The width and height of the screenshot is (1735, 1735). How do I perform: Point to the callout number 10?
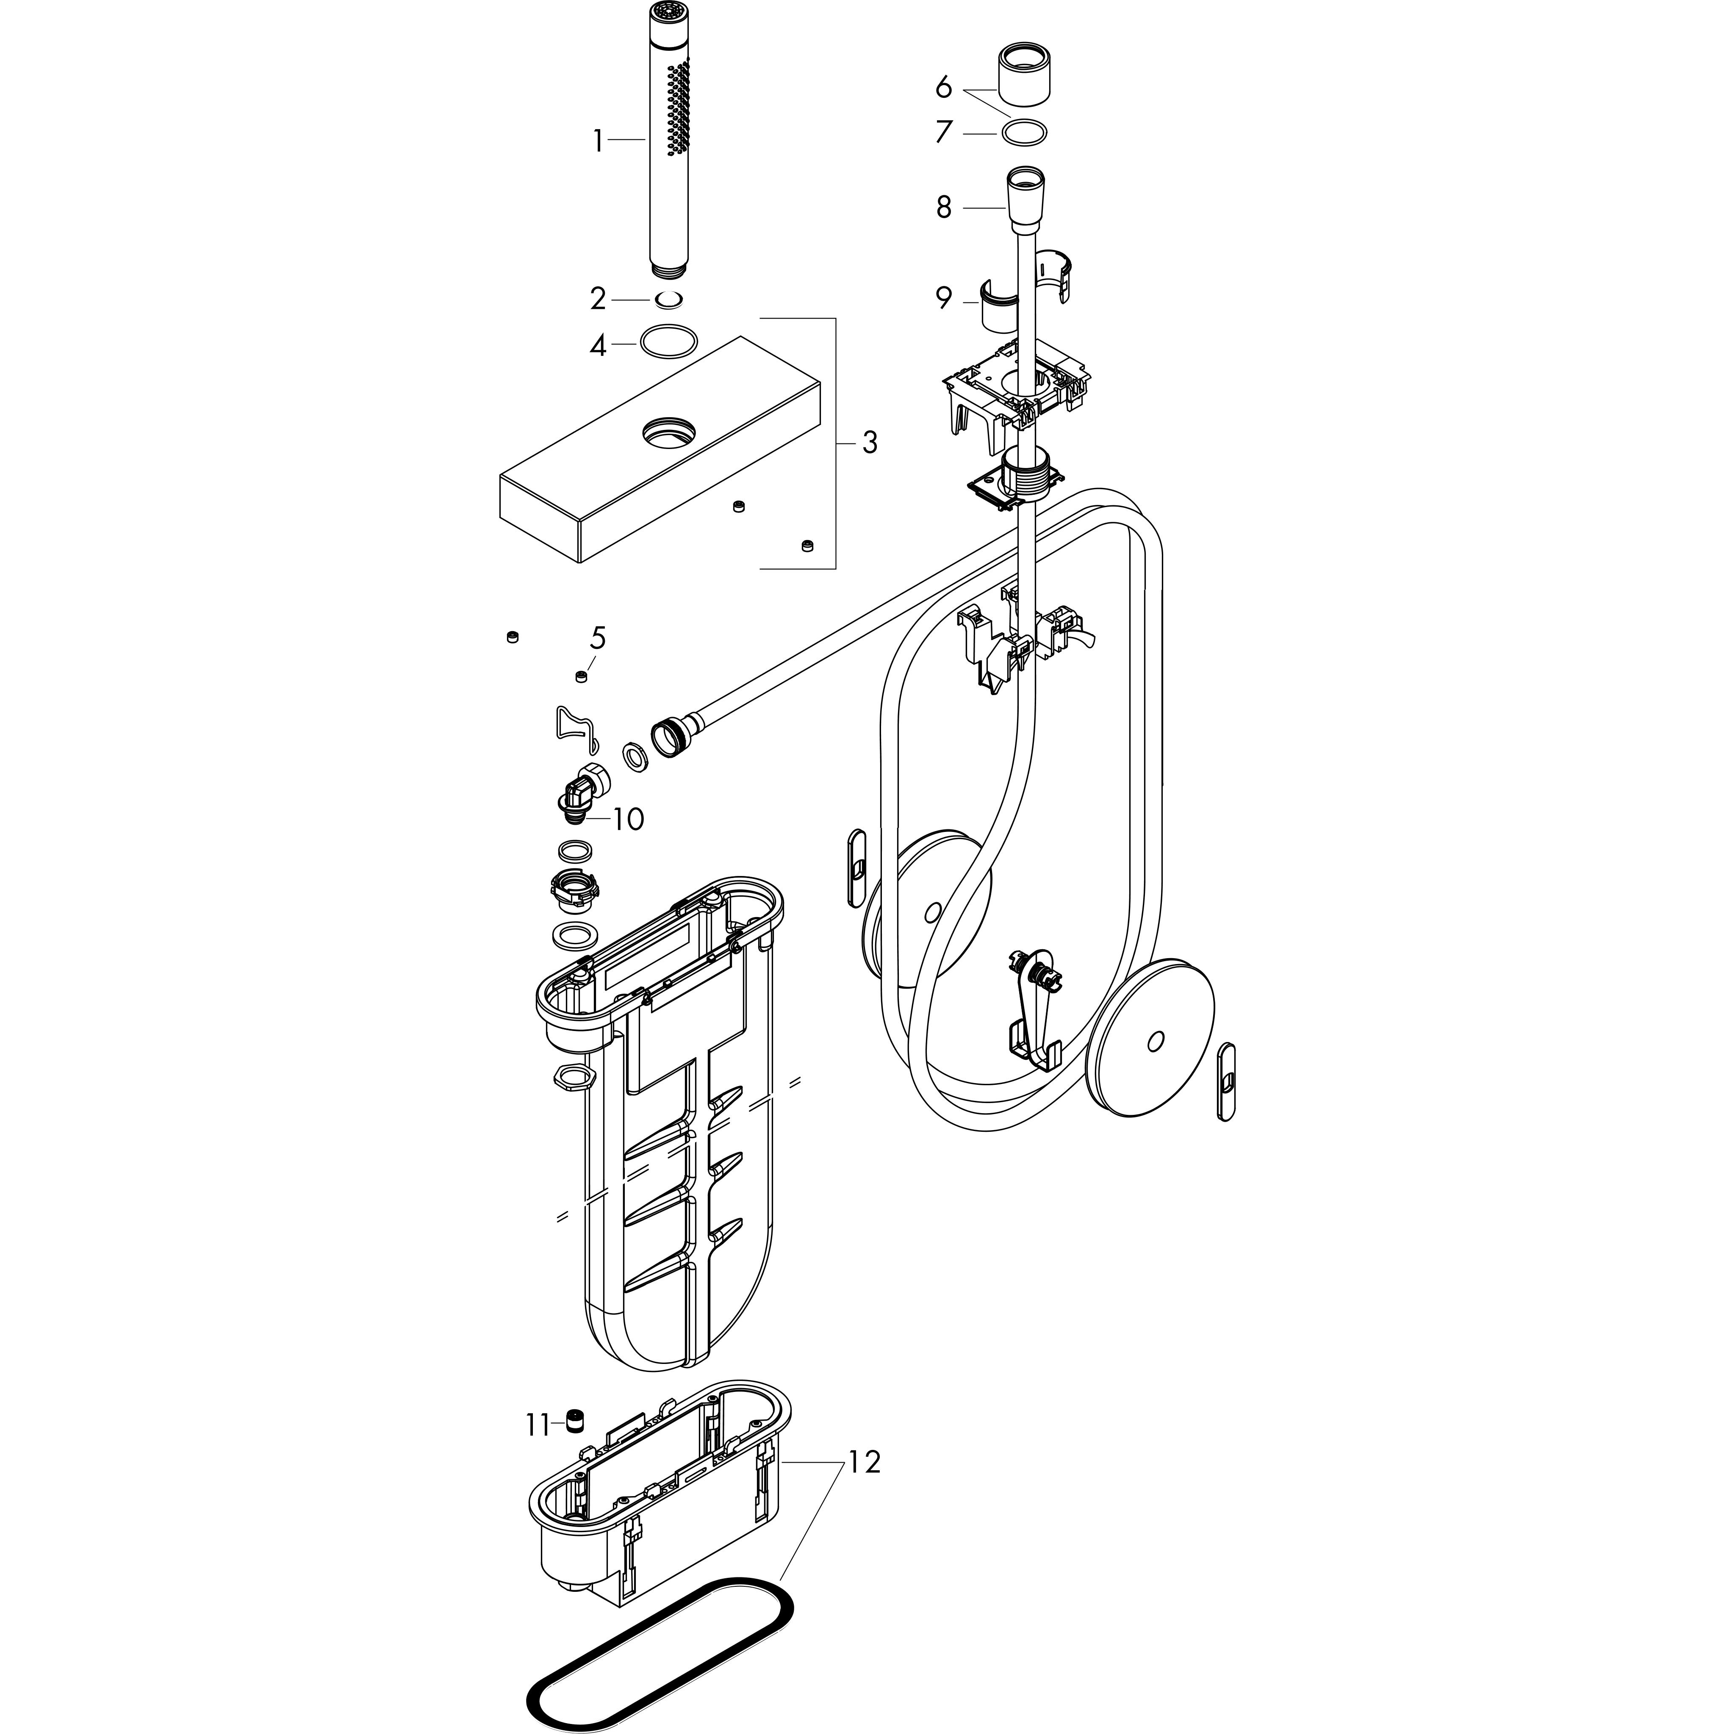tap(629, 819)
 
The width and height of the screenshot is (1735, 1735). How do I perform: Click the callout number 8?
tap(943, 208)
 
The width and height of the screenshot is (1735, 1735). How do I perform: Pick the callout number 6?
tap(943, 87)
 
